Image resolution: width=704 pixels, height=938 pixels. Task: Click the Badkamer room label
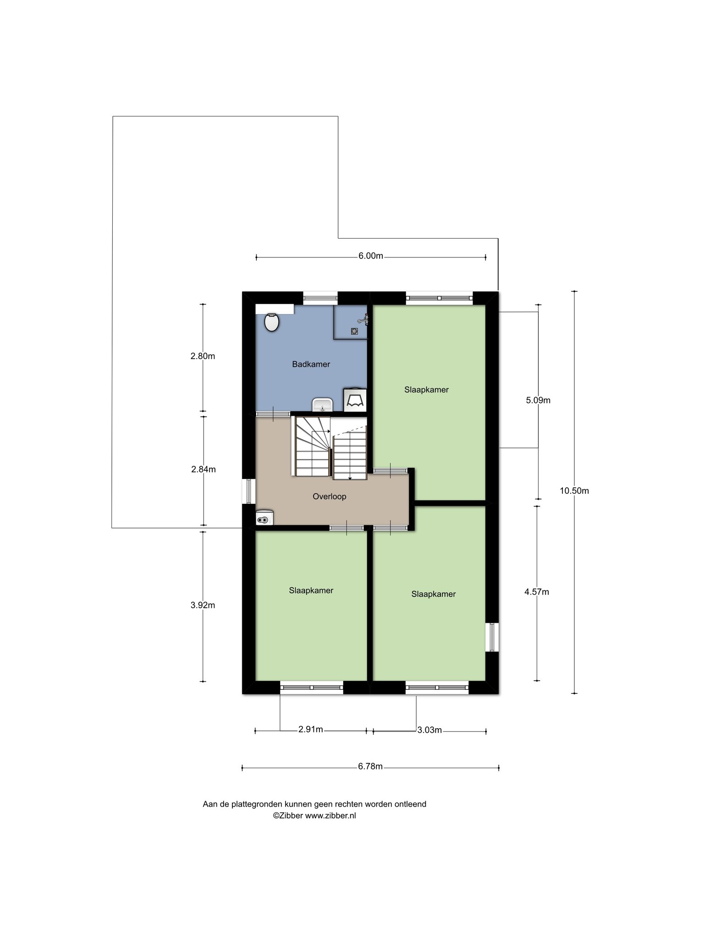(311, 365)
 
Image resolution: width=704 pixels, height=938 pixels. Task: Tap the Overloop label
(329, 496)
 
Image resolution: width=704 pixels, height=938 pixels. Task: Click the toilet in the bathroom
(272, 322)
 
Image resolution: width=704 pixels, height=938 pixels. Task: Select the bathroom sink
(322, 405)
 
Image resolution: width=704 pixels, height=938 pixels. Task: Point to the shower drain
(355, 331)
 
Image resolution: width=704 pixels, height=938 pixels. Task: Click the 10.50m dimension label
(574, 491)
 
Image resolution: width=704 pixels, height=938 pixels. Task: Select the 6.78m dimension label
(370, 767)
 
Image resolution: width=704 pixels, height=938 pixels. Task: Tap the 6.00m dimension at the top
(371, 256)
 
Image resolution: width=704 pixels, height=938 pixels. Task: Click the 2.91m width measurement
(311, 730)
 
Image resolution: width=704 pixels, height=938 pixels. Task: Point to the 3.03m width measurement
(429, 730)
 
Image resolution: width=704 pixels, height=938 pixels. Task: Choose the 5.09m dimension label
(538, 400)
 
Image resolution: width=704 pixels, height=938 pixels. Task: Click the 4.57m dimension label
(537, 592)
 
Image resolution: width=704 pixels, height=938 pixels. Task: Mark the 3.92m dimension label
(203, 605)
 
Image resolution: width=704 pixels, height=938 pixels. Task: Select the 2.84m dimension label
(203, 469)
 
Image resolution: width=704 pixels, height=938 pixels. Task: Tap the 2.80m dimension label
(203, 356)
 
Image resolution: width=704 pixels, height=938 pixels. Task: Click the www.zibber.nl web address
(330, 816)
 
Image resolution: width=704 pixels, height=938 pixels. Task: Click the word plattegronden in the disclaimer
(257, 804)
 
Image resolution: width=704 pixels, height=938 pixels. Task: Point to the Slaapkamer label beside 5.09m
(426, 390)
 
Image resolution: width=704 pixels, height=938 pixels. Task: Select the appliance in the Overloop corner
(265, 518)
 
